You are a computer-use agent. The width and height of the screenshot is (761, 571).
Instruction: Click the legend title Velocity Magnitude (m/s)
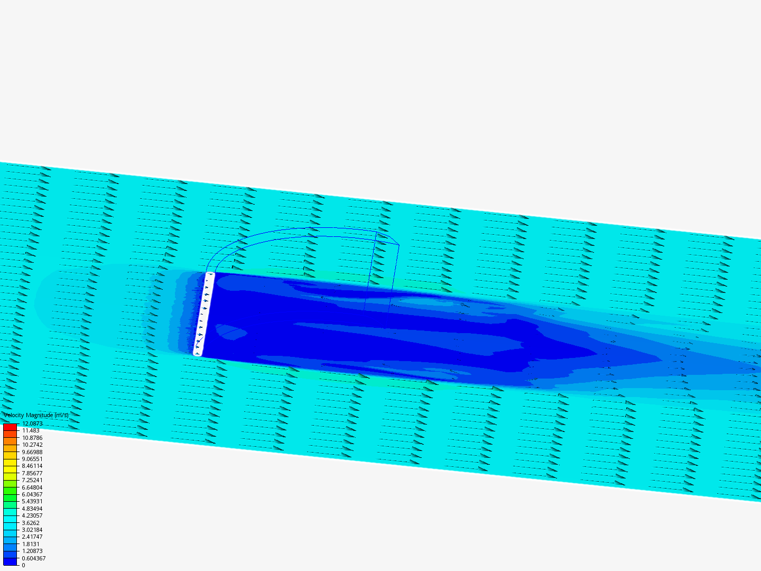tap(36, 416)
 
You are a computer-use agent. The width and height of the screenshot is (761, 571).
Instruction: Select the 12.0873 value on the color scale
tap(32, 423)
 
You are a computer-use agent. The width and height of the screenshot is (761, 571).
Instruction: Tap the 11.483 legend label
tap(31, 431)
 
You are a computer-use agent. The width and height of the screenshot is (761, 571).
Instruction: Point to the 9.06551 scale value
tap(32, 459)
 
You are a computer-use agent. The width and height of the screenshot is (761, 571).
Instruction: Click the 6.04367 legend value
tap(32, 494)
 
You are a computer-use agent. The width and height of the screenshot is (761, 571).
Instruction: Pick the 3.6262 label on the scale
tap(31, 523)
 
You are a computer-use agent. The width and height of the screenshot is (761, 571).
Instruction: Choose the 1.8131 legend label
tap(31, 544)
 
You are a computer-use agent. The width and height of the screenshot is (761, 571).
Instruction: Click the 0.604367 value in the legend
tap(34, 558)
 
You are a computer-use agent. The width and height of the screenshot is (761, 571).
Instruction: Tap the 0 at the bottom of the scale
tap(23, 565)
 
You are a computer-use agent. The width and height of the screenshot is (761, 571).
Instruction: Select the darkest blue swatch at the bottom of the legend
tap(10, 561)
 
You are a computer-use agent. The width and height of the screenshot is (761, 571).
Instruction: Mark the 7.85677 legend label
tap(32, 473)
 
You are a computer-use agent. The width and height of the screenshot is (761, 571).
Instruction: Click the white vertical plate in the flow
tap(204, 314)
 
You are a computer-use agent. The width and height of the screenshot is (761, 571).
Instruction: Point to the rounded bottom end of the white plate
tap(198, 353)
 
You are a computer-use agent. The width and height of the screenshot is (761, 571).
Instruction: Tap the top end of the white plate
tap(210, 274)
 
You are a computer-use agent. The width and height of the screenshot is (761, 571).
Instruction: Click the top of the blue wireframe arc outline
tap(317, 228)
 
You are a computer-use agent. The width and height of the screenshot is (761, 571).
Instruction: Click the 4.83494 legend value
tap(32, 509)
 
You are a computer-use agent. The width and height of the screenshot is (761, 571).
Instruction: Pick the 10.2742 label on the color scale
tap(32, 445)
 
